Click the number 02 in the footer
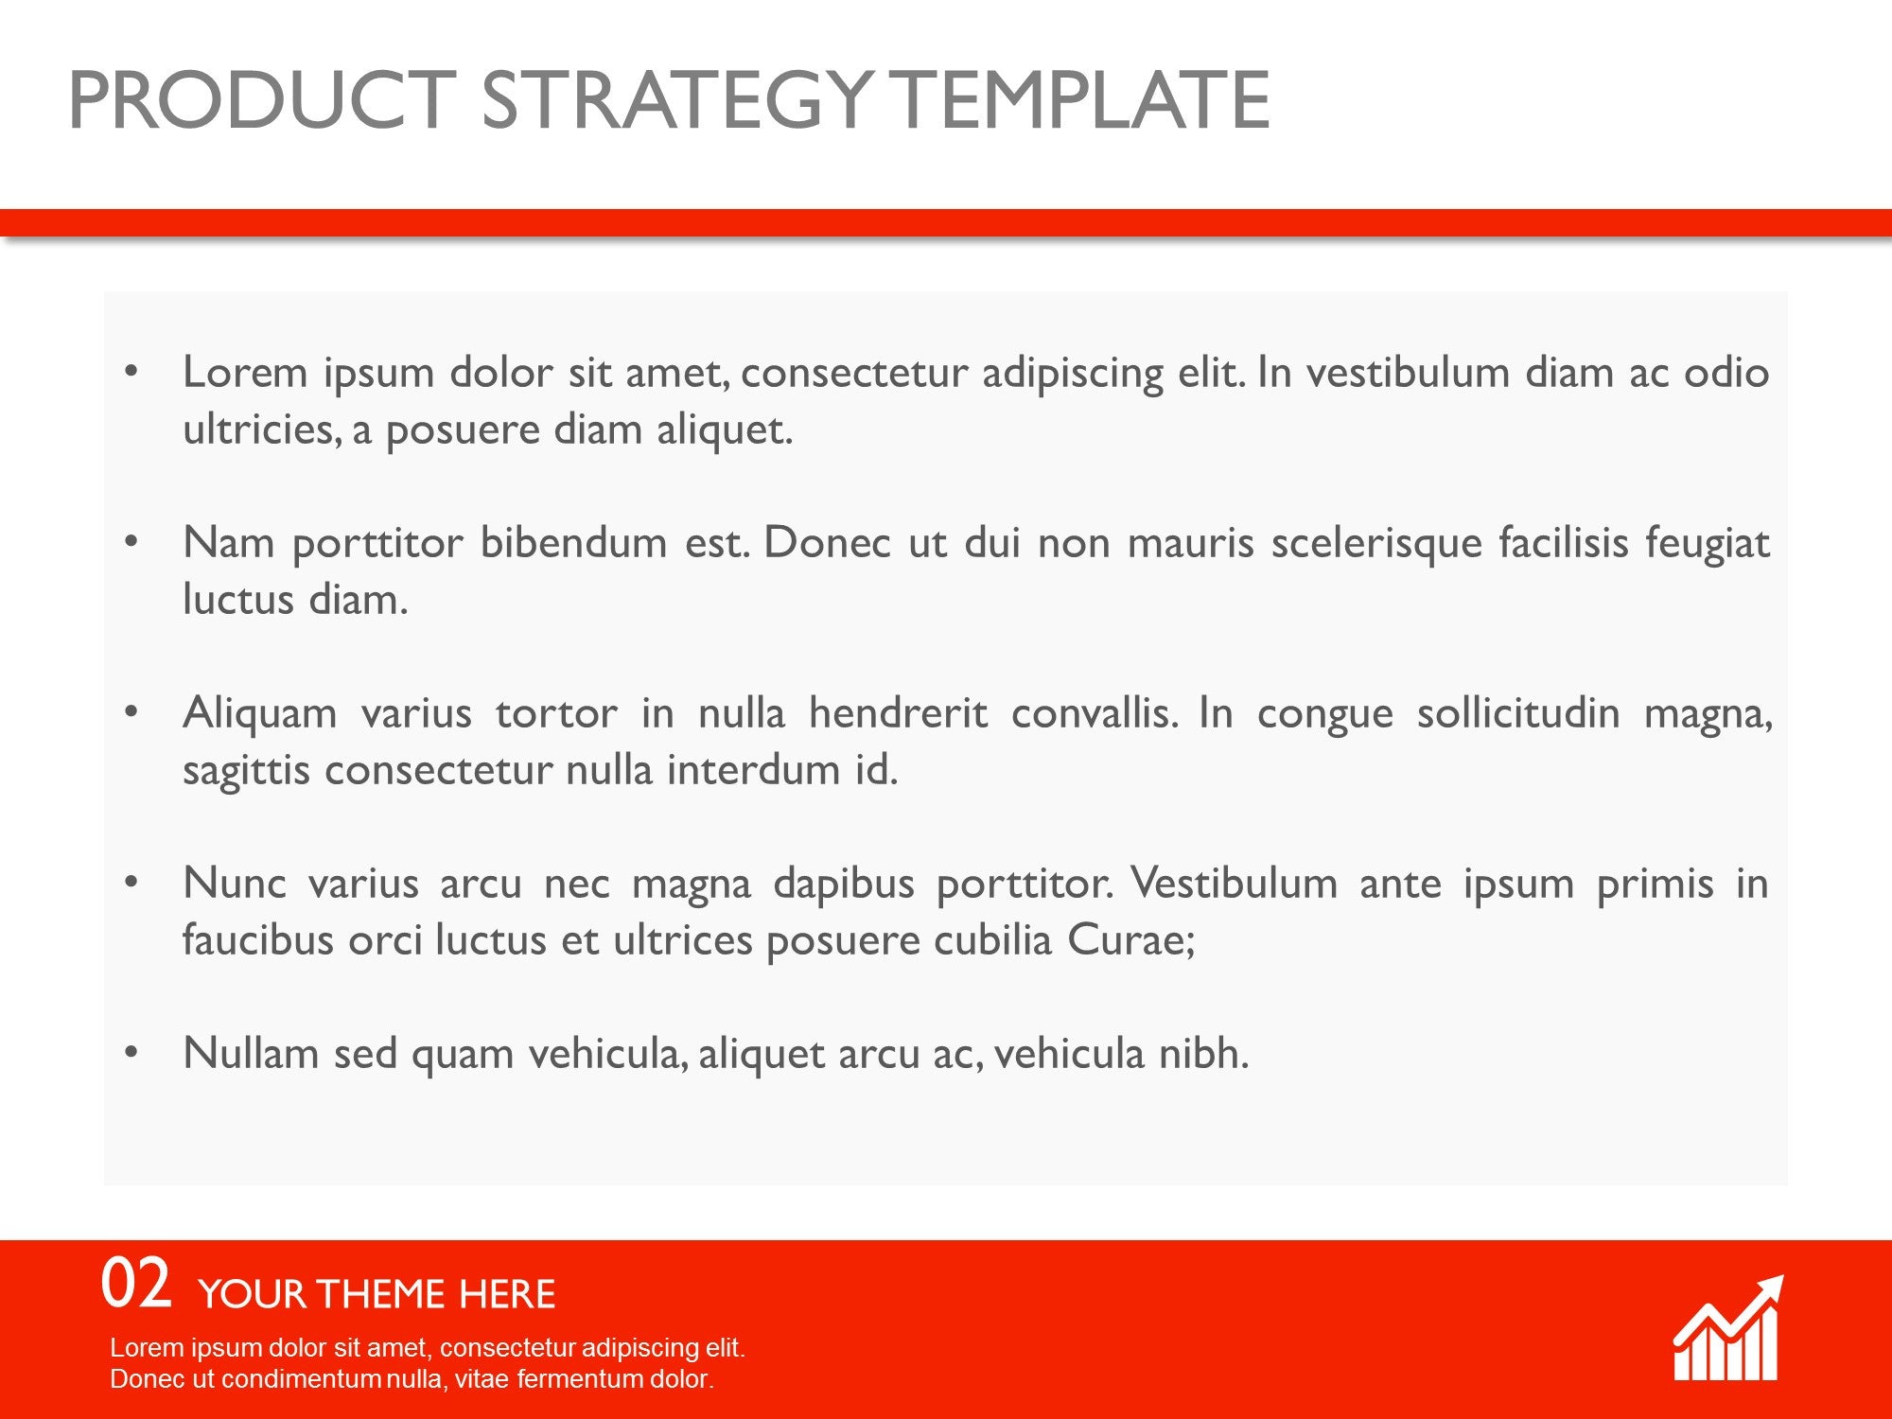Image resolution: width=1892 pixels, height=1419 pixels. [136, 1283]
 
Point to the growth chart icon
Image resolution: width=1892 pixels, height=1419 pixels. [1727, 1328]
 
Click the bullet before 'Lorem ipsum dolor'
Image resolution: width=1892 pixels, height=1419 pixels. [131, 372]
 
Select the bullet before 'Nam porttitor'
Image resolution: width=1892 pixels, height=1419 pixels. [131, 542]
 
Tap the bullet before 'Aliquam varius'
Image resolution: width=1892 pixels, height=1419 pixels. [131, 712]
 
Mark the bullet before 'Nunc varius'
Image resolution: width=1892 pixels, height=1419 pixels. [131, 883]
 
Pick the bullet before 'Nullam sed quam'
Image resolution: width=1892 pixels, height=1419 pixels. [131, 1053]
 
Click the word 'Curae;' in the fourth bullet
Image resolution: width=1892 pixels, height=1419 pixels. [1131, 940]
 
